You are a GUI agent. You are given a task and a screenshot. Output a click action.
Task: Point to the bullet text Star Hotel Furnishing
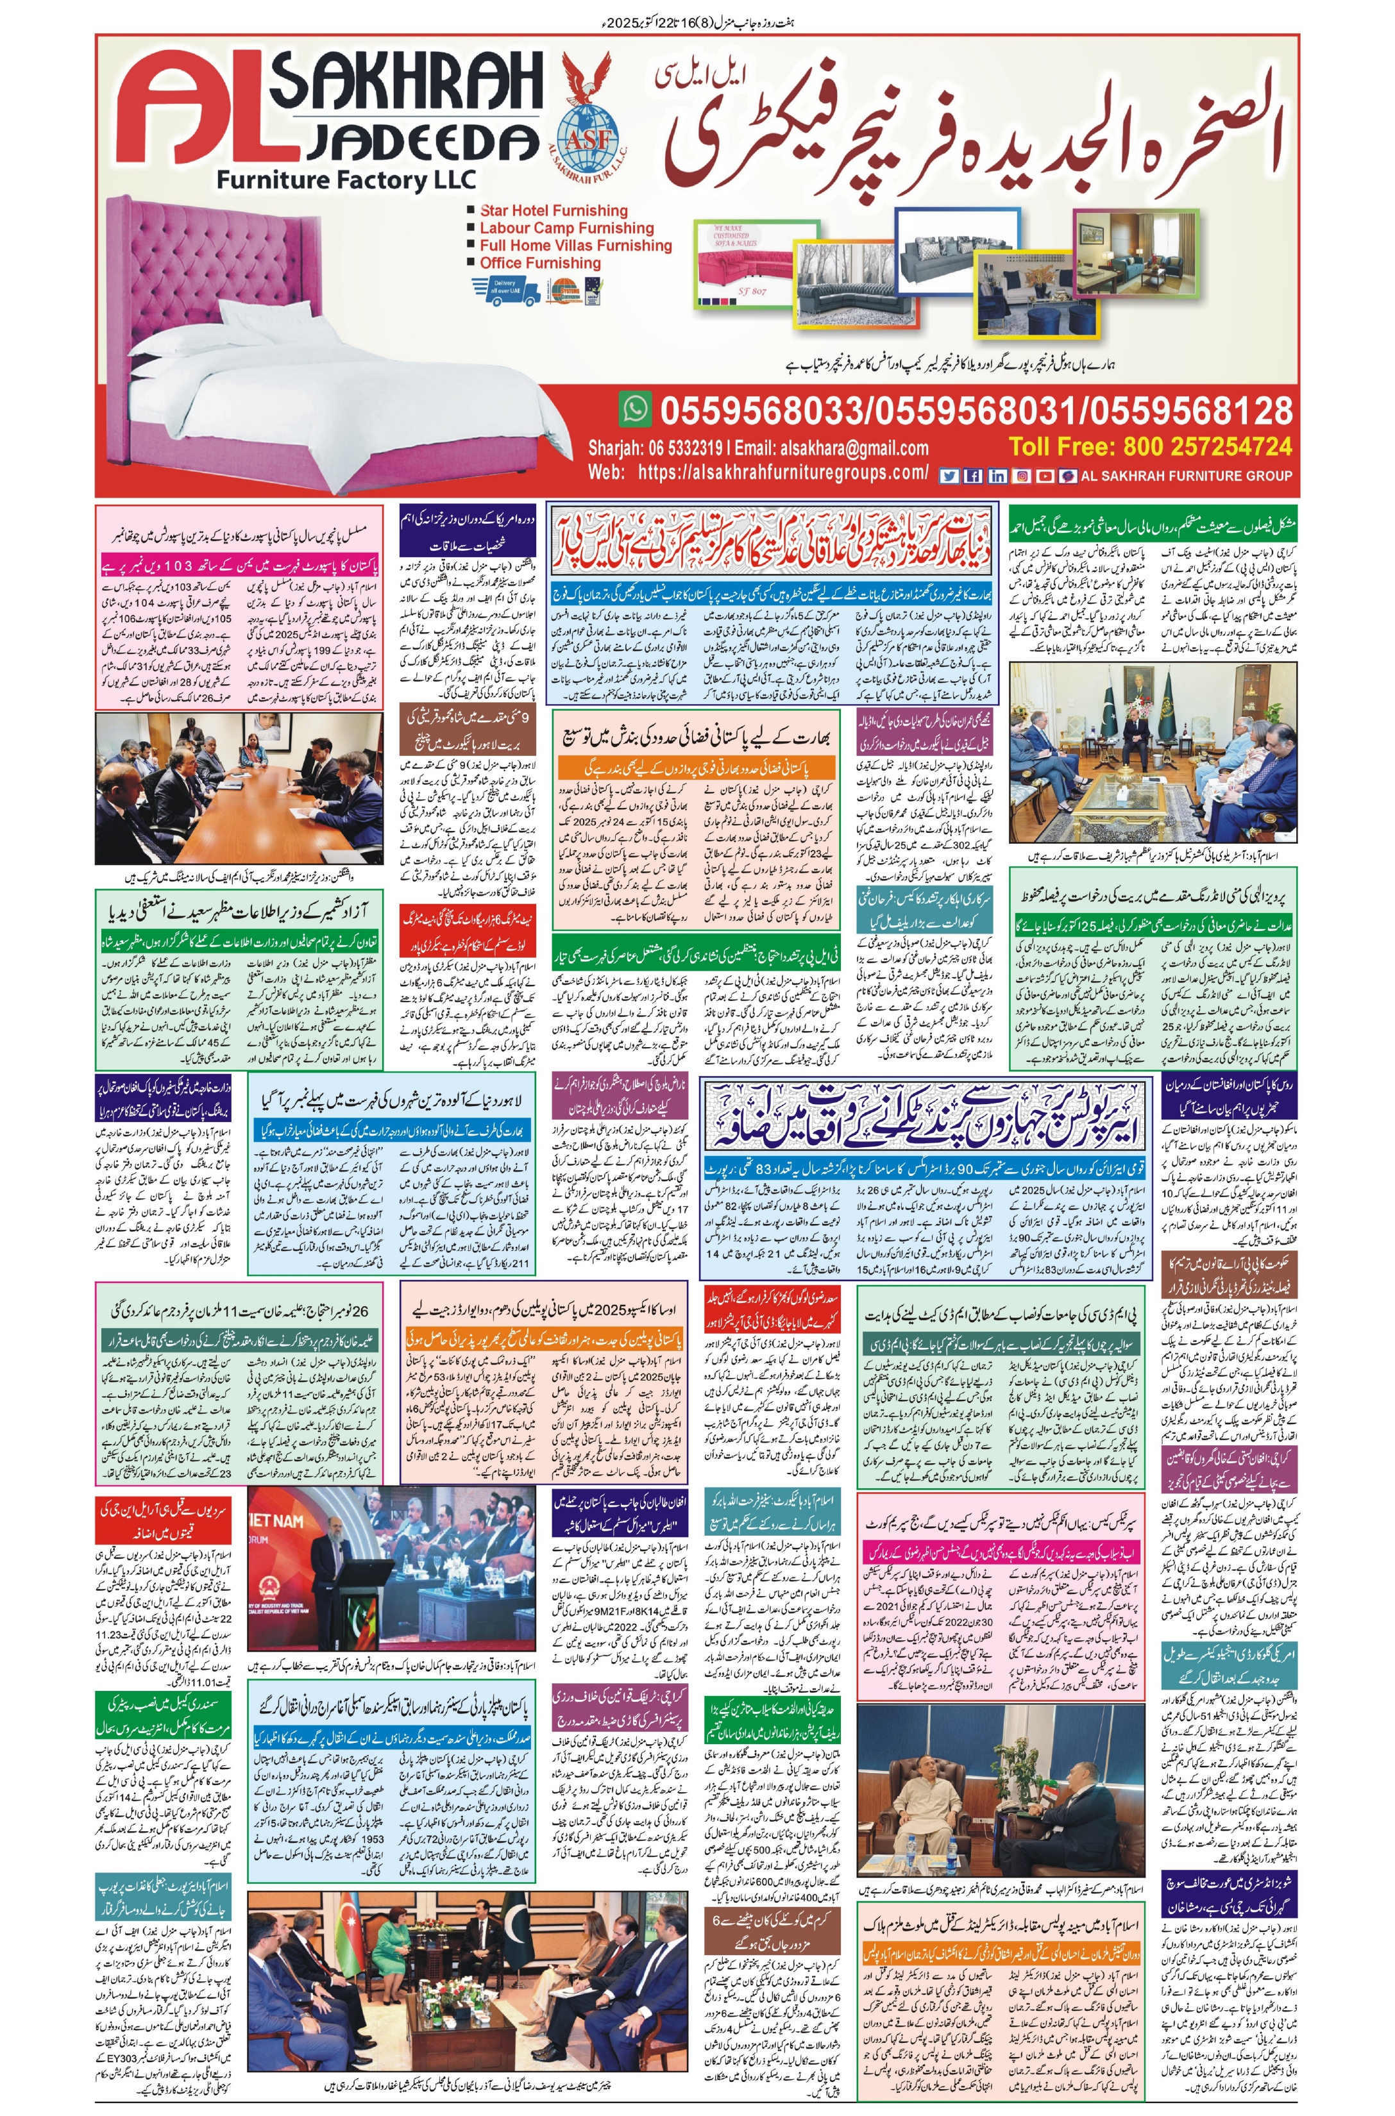554,211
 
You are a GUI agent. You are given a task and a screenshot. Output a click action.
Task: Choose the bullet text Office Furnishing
540,264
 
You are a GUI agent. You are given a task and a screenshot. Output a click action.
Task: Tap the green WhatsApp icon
635,409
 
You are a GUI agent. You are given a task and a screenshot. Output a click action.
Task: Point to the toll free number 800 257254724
1206,446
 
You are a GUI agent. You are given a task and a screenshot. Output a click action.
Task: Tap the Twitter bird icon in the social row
949,476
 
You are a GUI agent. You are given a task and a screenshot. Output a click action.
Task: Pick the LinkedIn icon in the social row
997,476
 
